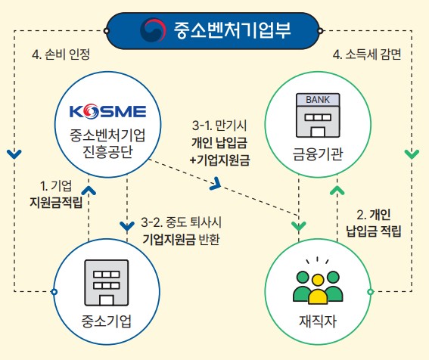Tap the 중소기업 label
point(107,320)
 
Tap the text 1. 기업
point(55,185)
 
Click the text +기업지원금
point(219,160)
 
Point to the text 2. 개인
point(372,213)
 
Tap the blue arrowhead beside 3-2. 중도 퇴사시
point(126,225)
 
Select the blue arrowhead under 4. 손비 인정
point(14,154)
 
